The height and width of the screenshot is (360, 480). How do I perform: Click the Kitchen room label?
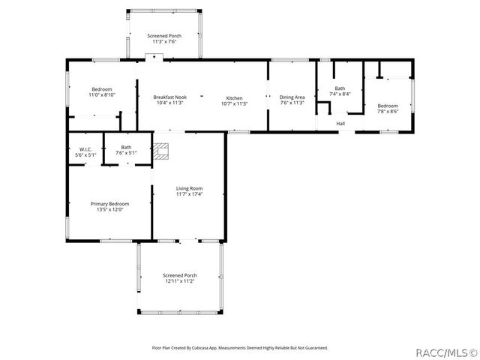(234, 97)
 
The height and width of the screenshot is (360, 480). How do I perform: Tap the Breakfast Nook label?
(170, 97)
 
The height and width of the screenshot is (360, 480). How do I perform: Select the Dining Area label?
(292, 97)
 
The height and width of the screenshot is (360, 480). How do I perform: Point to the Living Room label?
(189, 188)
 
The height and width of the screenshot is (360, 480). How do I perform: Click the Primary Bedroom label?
(109, 204)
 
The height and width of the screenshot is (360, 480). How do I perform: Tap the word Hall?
(340, 124)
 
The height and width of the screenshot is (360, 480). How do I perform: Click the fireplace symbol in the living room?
(162, 151)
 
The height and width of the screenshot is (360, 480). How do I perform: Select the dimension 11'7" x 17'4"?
(189, 194)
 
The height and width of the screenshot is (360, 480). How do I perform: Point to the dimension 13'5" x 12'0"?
(109, 210)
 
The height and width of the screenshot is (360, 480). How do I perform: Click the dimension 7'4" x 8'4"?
(340, 94)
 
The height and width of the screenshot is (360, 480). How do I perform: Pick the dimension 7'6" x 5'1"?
(126, 153)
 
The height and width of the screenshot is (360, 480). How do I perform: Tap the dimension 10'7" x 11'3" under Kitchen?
(234, 103)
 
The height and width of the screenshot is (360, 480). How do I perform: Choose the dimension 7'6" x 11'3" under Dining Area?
(292, 103)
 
